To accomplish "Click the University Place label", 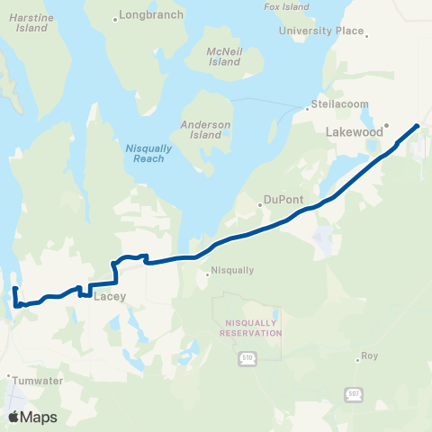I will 321,31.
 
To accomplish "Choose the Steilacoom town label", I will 340,104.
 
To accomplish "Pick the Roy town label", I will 369,356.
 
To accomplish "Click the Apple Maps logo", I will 33,417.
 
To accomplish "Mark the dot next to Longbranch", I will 115,17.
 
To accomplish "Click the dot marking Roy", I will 357,356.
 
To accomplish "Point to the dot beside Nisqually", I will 208,275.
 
